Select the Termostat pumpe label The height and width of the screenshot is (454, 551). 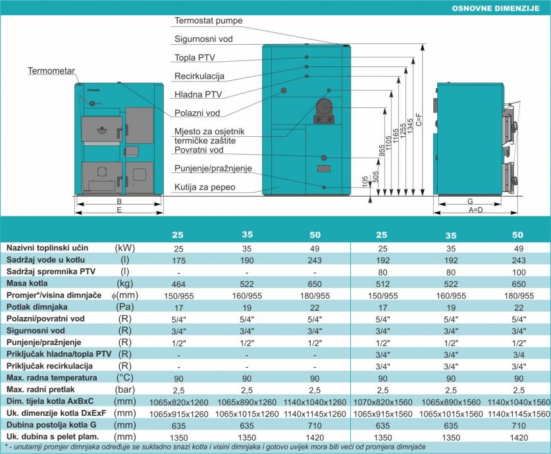[209, 21]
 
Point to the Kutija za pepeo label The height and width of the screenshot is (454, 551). [205, 188]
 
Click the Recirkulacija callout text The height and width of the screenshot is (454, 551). [200, 76]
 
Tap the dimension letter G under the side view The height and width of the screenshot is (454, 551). [470, 201]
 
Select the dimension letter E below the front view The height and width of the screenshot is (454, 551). [118, 210]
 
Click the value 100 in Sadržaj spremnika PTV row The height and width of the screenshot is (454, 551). [517, 271]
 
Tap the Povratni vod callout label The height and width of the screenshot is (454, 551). [196, 149]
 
